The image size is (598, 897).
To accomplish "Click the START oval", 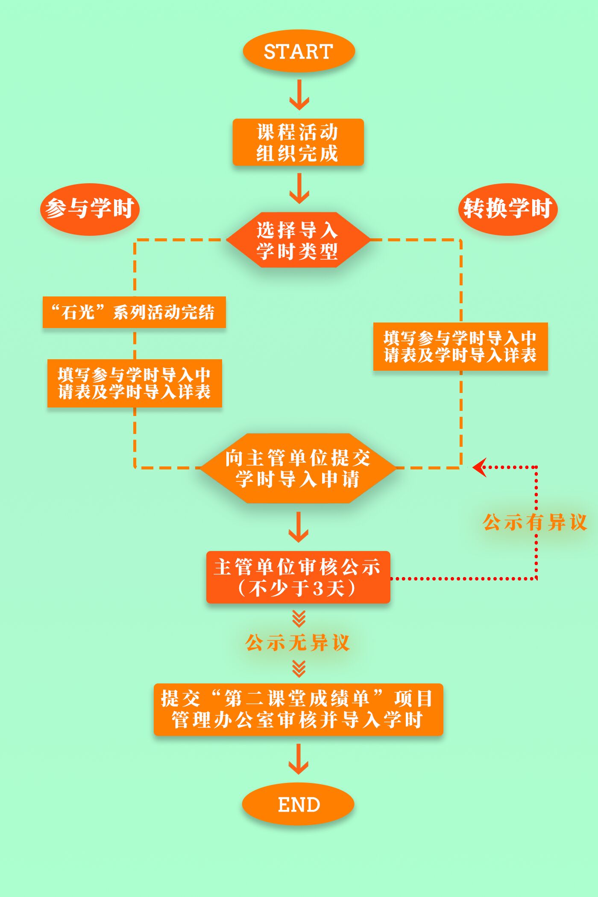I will click(299, 51).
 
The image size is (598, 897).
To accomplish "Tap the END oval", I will click(298, 804).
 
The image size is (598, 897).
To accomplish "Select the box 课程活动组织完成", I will click(298, 142).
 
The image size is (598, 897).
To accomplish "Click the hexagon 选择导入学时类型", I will click(298, 240).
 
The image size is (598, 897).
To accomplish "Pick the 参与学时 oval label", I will click(90, 209).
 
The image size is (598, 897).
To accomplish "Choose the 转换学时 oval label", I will click(508, 209).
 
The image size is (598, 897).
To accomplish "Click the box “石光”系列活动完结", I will click(134, 312).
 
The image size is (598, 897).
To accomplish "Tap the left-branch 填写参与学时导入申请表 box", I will click(135, 383).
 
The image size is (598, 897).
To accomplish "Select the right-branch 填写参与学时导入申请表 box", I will click(460, 346).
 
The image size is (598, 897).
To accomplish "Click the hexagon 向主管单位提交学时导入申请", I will click(298, 468).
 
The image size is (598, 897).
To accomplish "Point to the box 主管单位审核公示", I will click(298, 577).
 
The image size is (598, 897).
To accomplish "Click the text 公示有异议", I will click(535, 522).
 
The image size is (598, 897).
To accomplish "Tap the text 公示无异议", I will click(298, 643).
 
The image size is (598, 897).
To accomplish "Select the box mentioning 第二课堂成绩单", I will click(298, 709).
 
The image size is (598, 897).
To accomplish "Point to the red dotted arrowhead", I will click(479, 467).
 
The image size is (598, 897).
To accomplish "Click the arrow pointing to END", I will click(299, 759).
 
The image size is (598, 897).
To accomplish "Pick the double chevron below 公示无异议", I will click(299, 668).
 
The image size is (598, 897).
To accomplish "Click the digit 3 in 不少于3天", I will click(318, 589).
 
